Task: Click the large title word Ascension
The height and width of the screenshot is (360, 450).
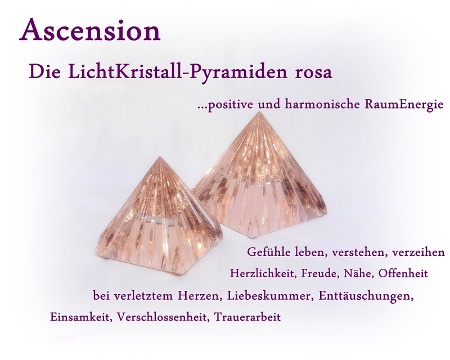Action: point(90,30)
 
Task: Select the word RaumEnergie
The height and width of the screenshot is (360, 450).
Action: point(404,105)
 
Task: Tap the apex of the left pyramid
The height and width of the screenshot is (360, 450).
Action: point(160,157)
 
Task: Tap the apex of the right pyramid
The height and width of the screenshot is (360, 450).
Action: point(259,112)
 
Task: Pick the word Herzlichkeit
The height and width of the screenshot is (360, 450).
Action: point(263,273)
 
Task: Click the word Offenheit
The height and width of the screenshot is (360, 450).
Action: point(403,273)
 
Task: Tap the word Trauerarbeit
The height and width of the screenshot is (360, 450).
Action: point(247,317)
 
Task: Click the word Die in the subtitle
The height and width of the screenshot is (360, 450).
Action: point(45,73)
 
